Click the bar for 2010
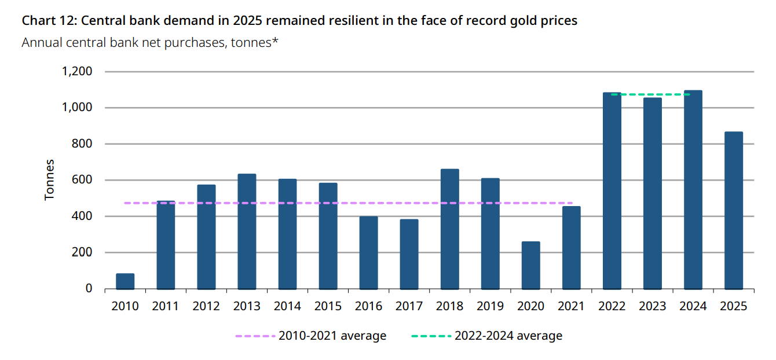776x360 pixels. point(125,281)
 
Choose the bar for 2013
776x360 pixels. point(247,231)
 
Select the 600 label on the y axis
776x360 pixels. point(82,180)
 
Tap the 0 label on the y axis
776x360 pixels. point(89,288)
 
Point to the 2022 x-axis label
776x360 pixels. point(612,306)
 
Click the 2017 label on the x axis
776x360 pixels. point(409,306)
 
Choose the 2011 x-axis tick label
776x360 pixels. point(166,306)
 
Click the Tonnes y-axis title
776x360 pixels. point(50,180)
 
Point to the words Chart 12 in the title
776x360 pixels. point(48,21)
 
